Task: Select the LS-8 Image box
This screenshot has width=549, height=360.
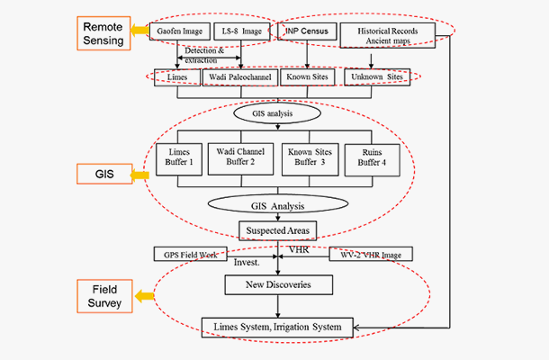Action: pyautogui.click(x=240, y=33)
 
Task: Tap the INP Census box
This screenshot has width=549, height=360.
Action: pyautogui.click(x=309, y=33)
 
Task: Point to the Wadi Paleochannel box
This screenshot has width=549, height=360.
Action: pyautogui.click(x=238, y=77)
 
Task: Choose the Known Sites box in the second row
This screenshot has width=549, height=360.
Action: pyautogui.click(x=307, y=77)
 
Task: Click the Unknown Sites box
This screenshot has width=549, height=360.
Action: pyautogui.click(x=377, y=77)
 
